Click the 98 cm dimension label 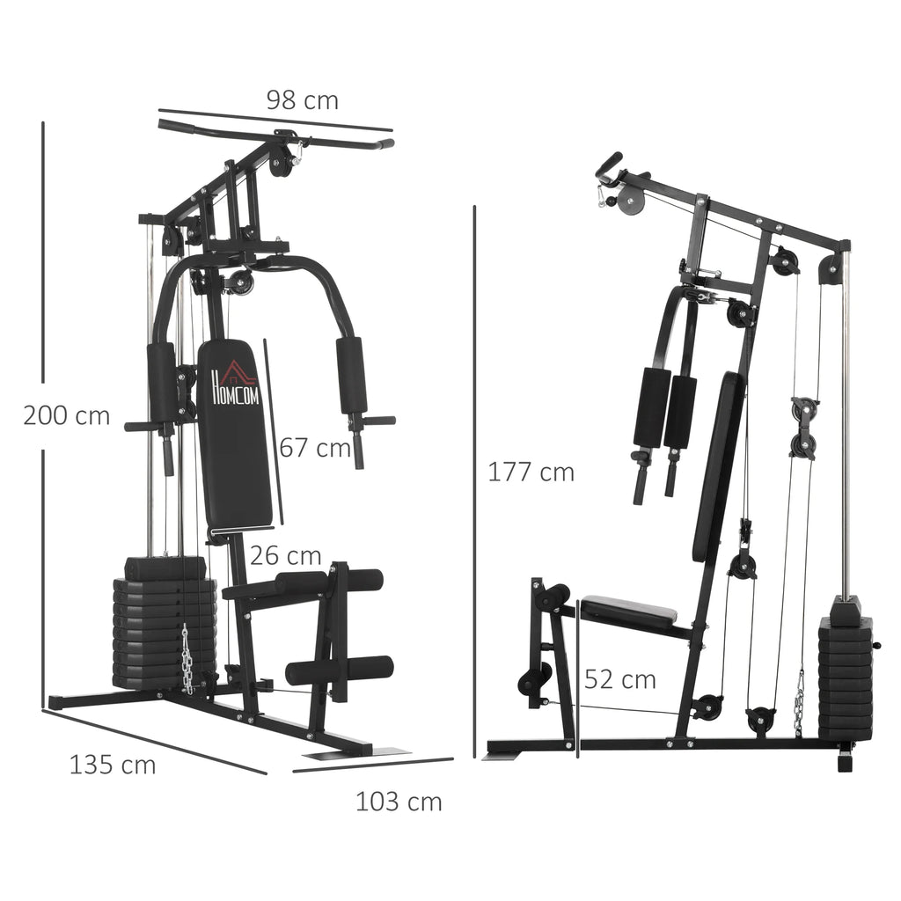[x=302, y=100]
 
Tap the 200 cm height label [x=67, y=415]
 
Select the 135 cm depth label [x=113, y=765]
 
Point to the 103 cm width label [x=399, y=802]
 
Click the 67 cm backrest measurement [x=315, y=448]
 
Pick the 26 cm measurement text [x=285, y=555]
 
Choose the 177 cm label [x=531, y=472]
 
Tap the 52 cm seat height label [x=620, y=679]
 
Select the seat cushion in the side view [x=628, y=610]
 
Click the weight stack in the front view [x=165, y=625]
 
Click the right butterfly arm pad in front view [x=351, y=376]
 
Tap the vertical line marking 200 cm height [x=42, y=414]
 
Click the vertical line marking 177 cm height [x=475, y=475]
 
